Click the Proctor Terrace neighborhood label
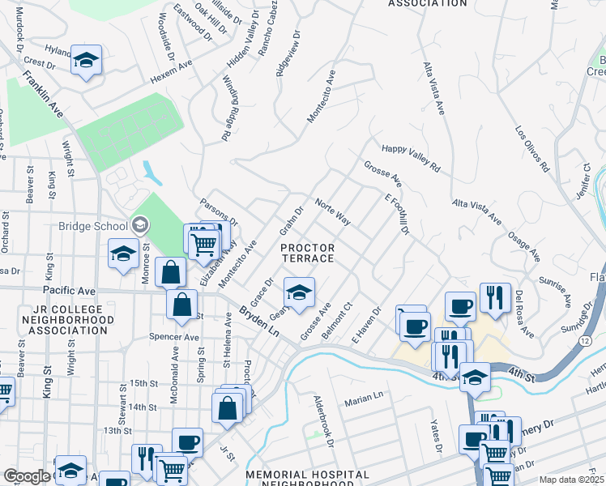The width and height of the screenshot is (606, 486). [x=307, y=252]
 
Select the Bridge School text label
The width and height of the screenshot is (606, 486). [x=93, y=226]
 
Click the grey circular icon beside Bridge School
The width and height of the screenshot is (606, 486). [x=139, y=225]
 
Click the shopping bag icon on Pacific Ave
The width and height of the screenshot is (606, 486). [x=172, y=272]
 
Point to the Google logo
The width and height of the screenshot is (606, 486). [x=27, y=477]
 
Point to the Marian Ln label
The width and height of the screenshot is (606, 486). [x=363, y=398]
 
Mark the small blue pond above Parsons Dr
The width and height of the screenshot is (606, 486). [x=151, y=172]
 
